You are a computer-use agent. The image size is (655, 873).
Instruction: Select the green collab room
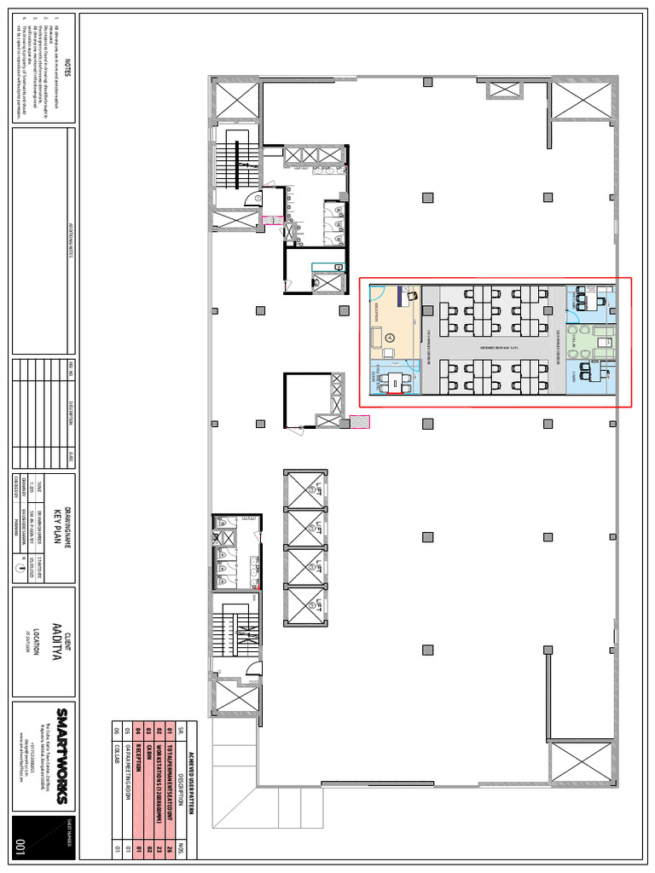click(590, 339)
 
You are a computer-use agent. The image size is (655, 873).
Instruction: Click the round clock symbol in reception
click(388, 338)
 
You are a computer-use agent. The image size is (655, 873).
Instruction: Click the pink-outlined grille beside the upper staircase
click(272, 220)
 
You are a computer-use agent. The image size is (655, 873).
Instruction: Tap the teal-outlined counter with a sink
click(327, 267)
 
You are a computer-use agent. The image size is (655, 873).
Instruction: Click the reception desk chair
click(412, 297)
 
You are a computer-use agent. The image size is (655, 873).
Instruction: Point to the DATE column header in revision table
click(70, 454)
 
